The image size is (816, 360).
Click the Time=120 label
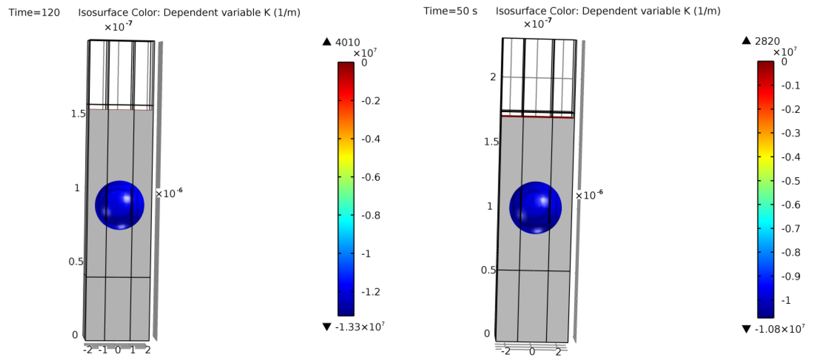34,12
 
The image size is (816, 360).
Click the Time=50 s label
450,11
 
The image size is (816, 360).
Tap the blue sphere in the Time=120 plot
120,205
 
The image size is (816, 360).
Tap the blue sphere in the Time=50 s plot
535,208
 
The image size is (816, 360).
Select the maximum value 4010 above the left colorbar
347,42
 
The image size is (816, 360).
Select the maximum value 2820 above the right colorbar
767,41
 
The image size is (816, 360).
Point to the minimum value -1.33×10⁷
360,327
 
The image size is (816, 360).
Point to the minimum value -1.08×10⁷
780,329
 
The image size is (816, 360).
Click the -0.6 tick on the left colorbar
371,177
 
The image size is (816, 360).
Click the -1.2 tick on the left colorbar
371,292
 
